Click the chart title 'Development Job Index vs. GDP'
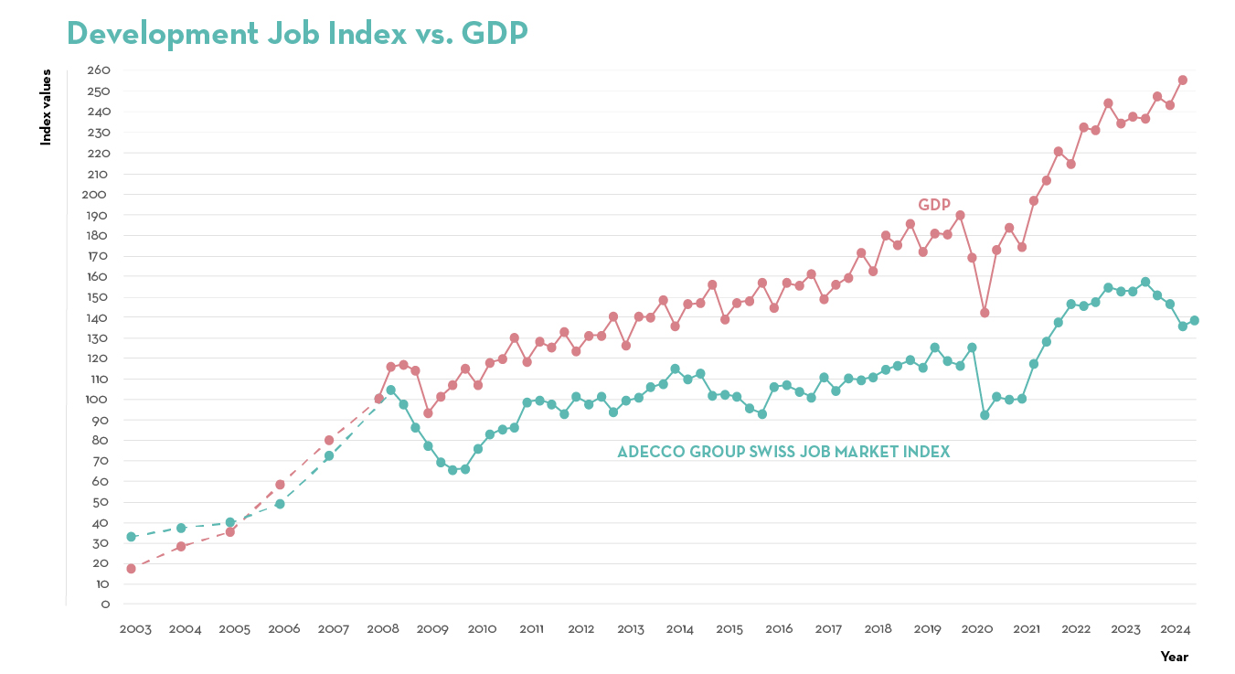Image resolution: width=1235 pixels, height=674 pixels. (297, 33)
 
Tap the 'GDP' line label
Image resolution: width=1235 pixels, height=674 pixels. (934, 205)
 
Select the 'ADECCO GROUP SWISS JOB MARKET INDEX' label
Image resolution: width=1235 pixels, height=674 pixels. (783, 452)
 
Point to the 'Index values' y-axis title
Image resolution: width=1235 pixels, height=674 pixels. (46, 108)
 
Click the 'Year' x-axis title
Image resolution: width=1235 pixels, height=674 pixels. (1174, 657)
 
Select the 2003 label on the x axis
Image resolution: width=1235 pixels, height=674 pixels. (135, 629)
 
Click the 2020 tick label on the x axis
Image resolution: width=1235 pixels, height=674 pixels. (977, 629)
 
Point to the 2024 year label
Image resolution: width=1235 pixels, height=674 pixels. (1175, 629)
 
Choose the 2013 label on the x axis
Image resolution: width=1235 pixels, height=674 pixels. (630, 629)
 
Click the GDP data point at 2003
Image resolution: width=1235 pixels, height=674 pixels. (131, 569)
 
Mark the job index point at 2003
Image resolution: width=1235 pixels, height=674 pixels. (131, 537)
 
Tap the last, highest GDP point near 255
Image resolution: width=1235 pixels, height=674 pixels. (1182, 80)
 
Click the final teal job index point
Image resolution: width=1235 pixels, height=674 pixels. (1194, 320)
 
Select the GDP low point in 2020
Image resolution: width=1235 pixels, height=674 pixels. (985, 313)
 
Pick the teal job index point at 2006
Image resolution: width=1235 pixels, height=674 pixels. (280, 504)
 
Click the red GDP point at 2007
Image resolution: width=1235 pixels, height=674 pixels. (329, 440)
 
